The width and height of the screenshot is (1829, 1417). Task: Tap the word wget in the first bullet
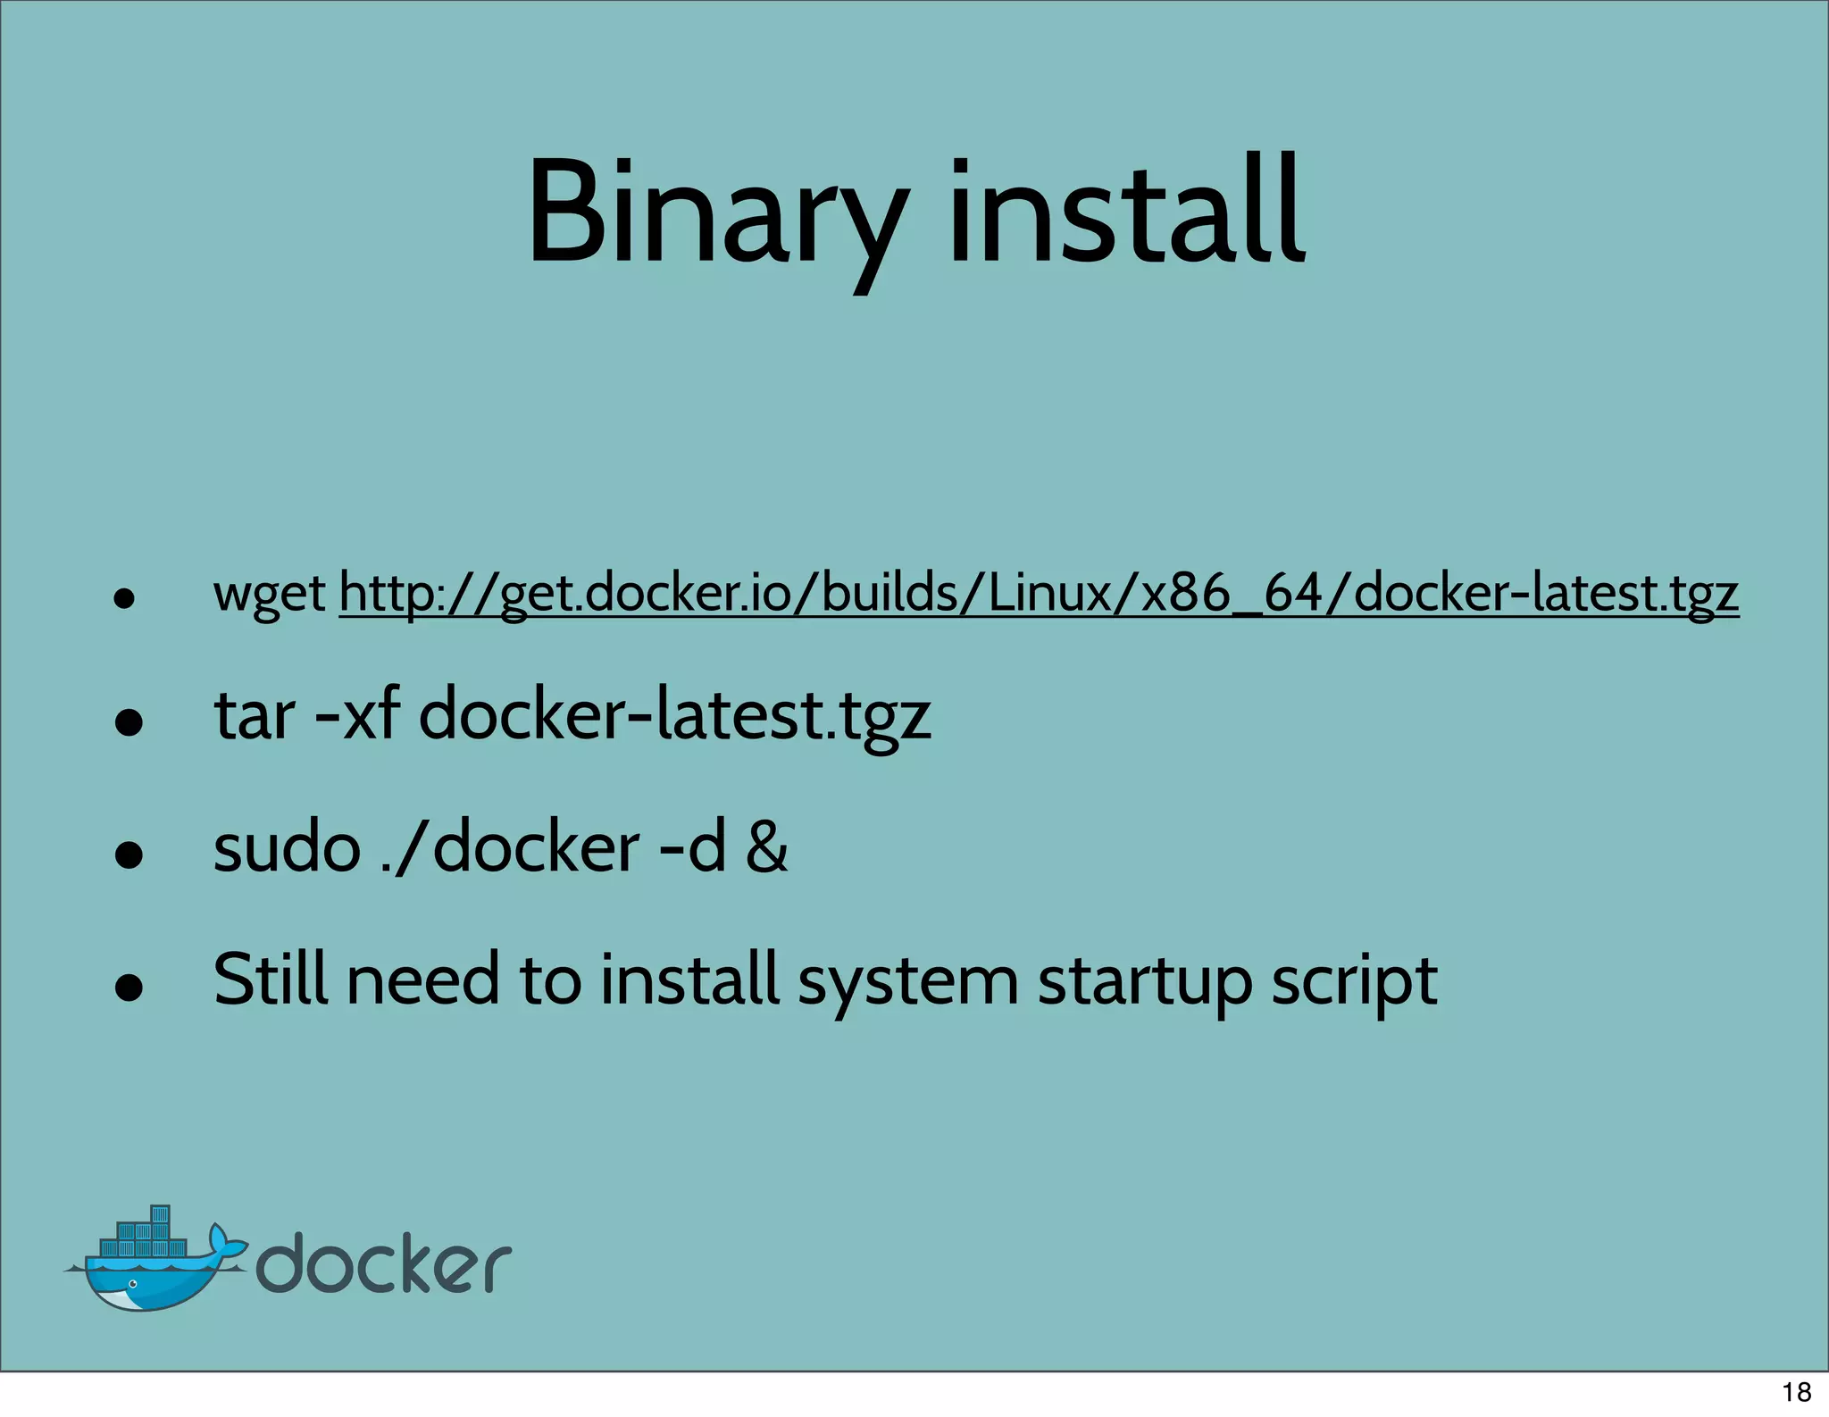(x=269, y=593)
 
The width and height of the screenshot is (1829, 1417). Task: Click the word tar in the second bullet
(x=255, y=716)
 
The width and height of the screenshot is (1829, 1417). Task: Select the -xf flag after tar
(x=358, y=716)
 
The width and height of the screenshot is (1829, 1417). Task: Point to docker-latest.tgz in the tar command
(x=674, y=716)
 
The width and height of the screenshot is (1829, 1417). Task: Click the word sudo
(x=287, y=847)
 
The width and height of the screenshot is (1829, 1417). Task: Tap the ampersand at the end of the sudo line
(x=767, y=847)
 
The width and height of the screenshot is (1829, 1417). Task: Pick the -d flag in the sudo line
(x=692, y=847)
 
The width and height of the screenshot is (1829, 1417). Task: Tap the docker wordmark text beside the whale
(x=384, y=1263)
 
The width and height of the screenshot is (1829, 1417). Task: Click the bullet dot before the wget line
(x=124, y=597)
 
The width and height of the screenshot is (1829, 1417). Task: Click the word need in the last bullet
(x=422, y=979)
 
